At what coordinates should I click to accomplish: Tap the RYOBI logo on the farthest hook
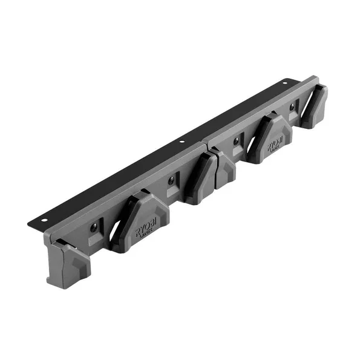[x=275, y=140]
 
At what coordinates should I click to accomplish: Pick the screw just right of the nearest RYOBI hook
[x=171, y=180]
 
